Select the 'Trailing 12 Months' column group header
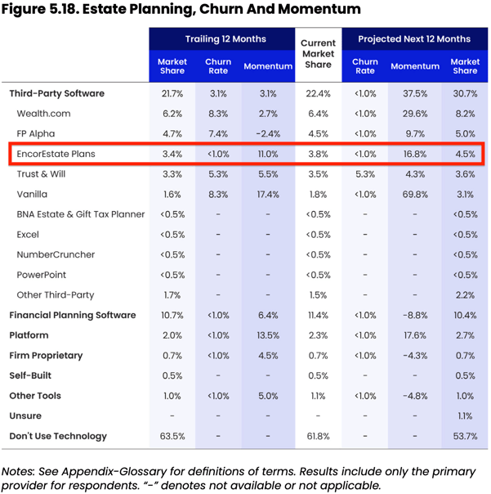tap(221, 38)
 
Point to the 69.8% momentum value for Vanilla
tap(415, 194)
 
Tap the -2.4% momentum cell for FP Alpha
tap(268, 134)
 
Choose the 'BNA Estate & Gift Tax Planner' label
tap(81, 214)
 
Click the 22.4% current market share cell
tap(318, 93)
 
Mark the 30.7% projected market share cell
tap(465, 93)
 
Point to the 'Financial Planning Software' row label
tap(73, 315)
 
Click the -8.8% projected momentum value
tap(415, 315)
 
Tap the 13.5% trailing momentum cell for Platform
tap(268, 335)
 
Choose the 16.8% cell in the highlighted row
tap(415, 154)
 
